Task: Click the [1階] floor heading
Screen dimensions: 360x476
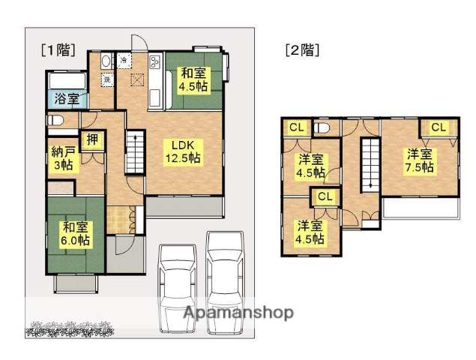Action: point(58,50)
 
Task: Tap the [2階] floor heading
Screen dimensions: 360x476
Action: point(302,50)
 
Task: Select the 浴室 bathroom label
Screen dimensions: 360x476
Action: point(66,98)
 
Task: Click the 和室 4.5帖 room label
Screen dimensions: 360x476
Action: point(193,80)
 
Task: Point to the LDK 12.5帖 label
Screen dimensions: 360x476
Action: point(182,151)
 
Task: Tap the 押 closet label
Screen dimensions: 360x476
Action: point(91,139)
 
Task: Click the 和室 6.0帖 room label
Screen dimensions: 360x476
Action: point(76,233)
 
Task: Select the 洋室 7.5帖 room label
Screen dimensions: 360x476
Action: point(420,160)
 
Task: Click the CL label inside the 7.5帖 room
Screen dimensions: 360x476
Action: point(438,127)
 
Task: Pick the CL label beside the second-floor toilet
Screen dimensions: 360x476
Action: point(296,127)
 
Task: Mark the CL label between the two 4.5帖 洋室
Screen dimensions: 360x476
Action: point(325,196)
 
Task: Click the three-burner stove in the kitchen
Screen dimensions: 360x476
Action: point(156,62)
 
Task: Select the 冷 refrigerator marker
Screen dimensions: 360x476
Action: point(123,59)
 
